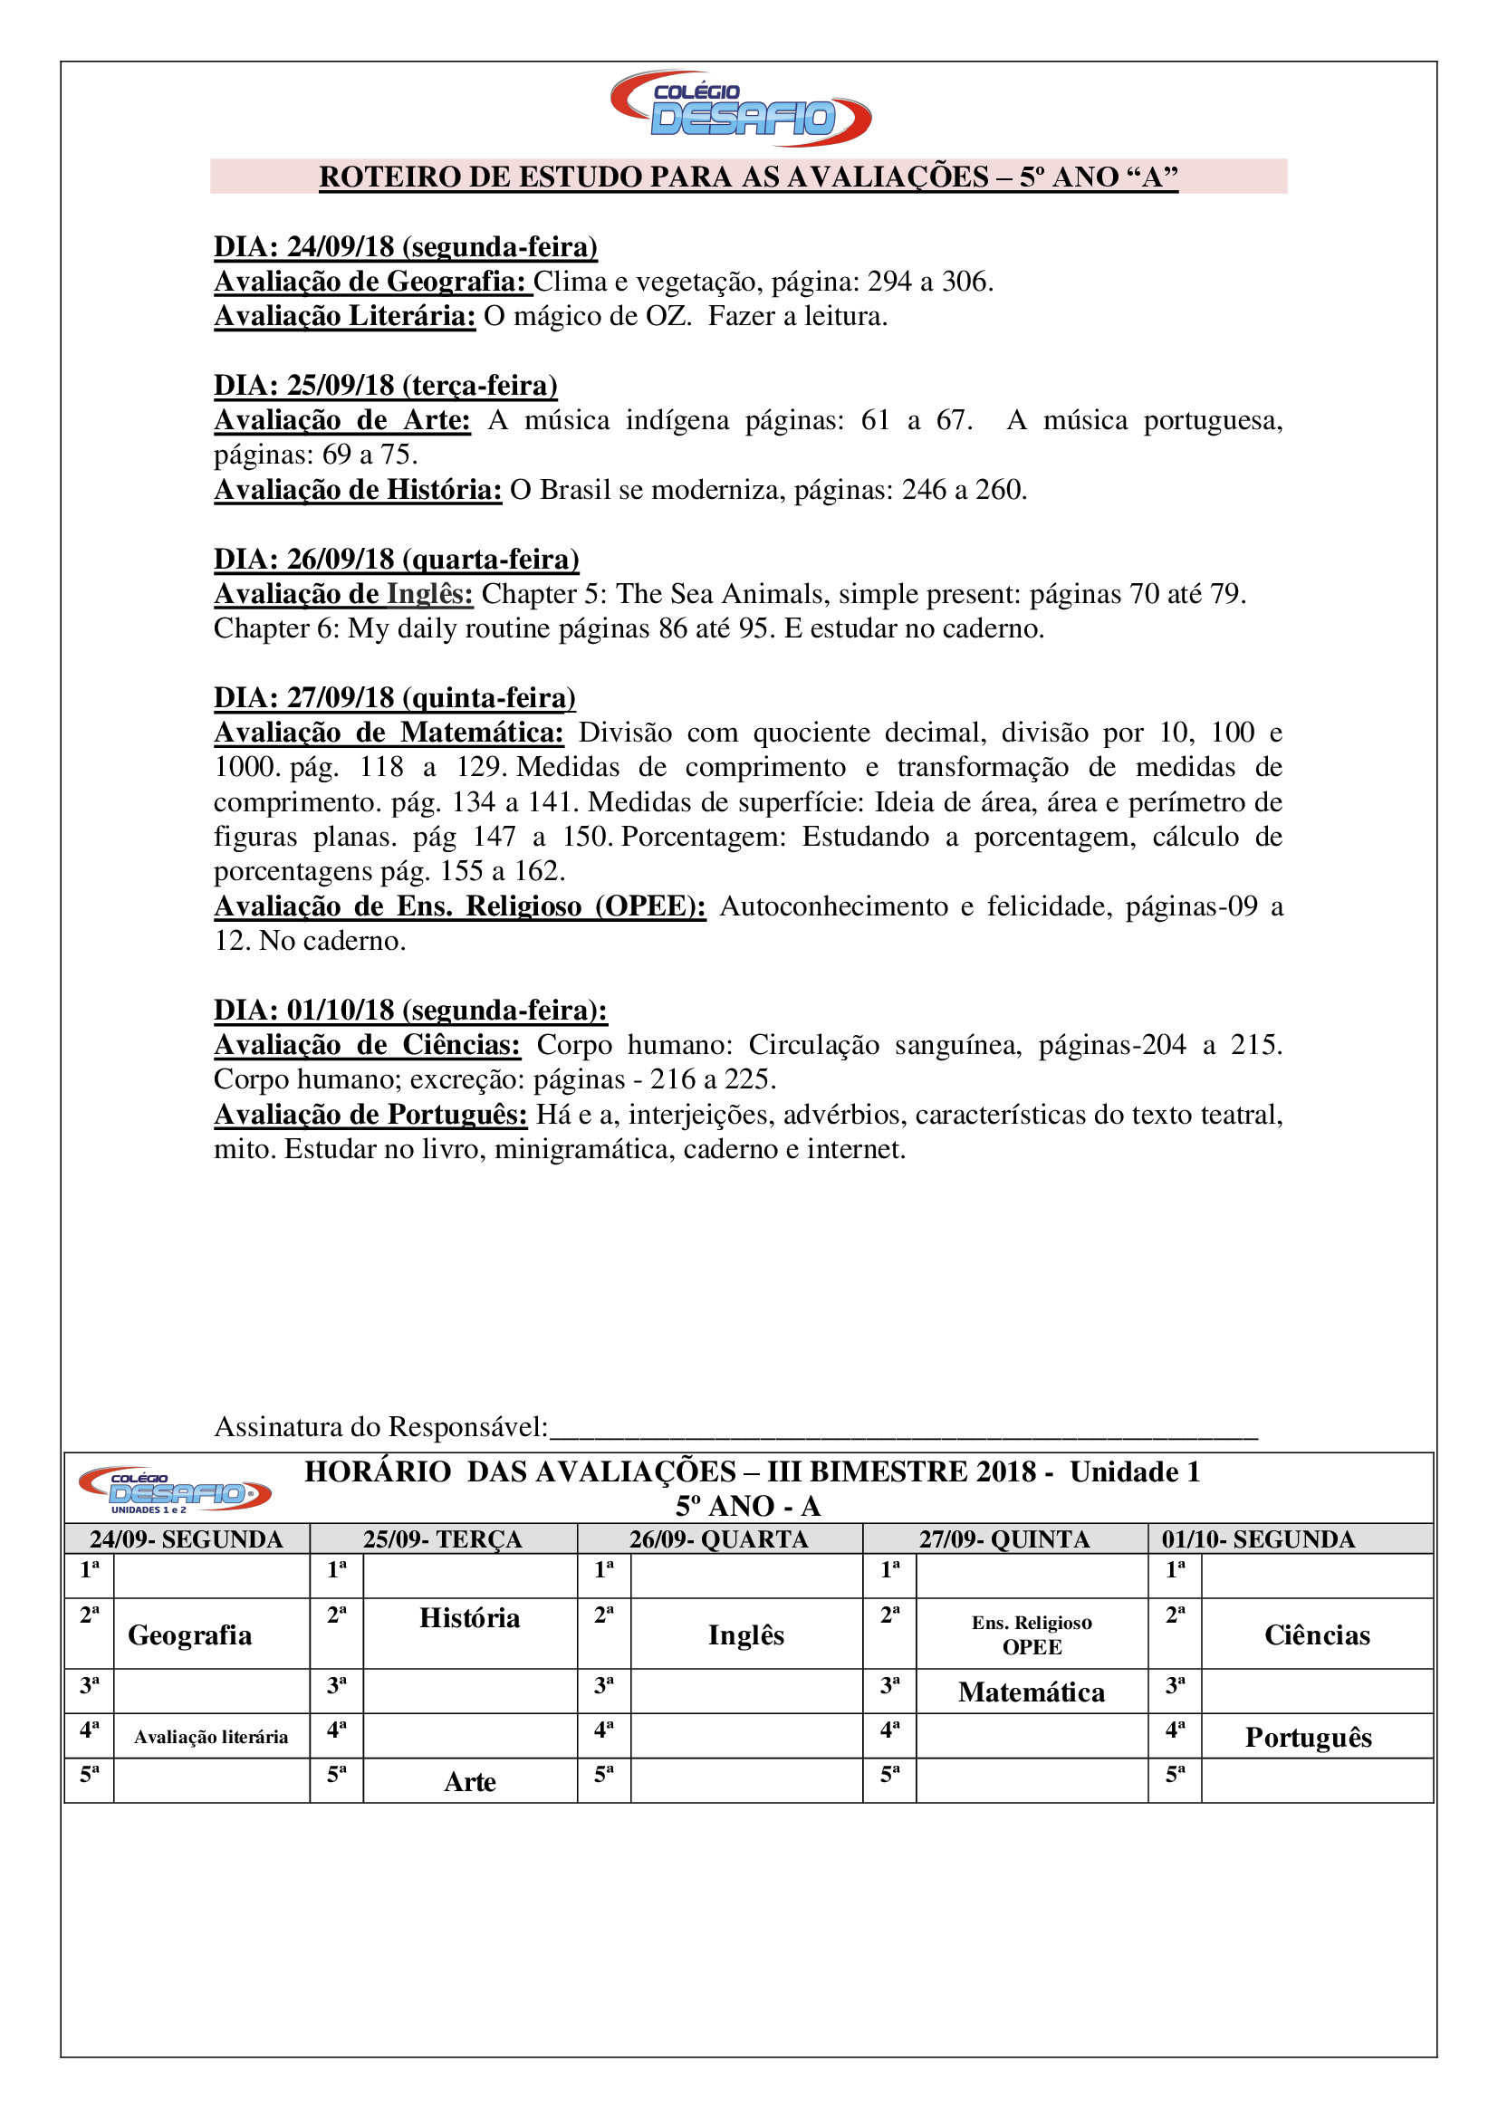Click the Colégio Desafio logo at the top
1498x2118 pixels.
click(741, 109)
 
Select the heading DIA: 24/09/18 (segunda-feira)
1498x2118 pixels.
click(406, 247)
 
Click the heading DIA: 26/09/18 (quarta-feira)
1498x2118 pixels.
click(397, 559)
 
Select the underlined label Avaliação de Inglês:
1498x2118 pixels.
click(343, 594)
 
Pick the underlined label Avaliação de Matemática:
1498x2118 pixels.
click(389, 733)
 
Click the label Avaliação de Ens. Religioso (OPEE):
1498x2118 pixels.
click(459, 906)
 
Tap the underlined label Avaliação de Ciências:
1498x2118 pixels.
click(367, 1045)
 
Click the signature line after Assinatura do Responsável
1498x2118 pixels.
click(904, 1429)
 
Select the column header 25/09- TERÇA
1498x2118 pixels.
click(443, 1539)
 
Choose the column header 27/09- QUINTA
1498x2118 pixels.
click(1004, 1539)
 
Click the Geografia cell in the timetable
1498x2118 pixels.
click(190, 1635)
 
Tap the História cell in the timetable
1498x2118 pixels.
click(469, 1619)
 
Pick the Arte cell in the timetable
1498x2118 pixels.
click(469, 1782)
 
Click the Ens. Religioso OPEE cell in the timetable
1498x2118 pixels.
click(1032, 1634)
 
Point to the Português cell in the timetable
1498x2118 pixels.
click(1308, 1738)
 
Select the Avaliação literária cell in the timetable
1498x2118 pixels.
click(211, 1738)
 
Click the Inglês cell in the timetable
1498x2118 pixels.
click(746, 1635)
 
